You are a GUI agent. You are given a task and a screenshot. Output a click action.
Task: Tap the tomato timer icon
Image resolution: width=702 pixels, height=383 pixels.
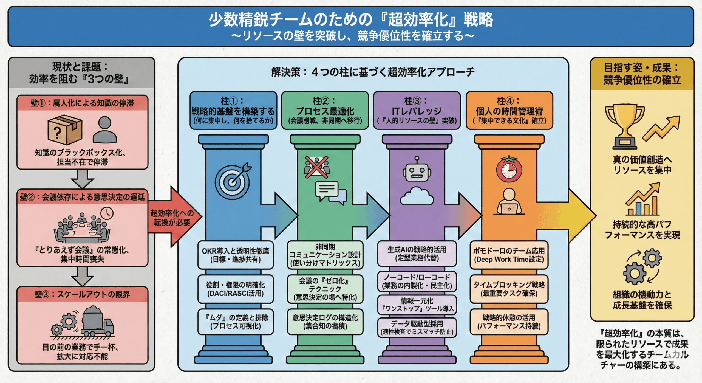pyautogui.click(x=509, y=170)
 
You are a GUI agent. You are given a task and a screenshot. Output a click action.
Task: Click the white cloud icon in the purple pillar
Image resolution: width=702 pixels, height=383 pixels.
pyautogui.click(x=417, y=197)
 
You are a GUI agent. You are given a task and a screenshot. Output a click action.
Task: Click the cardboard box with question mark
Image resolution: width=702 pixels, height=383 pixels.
pyautogui.click(x=65, y=130)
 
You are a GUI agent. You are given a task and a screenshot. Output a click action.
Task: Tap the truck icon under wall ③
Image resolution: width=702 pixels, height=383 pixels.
pyautogui.click(x=97, y=322)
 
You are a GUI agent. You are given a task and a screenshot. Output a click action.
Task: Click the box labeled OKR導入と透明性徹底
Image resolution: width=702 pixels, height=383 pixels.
pyautogui.click(x=236, y=255)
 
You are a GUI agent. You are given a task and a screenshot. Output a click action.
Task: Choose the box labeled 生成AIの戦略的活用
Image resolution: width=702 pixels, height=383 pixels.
pyautogui.click(x=417, y=254)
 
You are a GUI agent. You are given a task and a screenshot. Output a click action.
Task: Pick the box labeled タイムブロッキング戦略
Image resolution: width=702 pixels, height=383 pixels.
pyautogui.click(x=509, y=289)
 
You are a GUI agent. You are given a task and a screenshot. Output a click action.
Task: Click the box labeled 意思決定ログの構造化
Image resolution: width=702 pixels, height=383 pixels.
pyautogui.click(x=325, y=322)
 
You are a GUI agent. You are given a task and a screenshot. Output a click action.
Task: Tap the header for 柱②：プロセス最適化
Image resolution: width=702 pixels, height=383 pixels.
pyautogui.click(x=325, y=110)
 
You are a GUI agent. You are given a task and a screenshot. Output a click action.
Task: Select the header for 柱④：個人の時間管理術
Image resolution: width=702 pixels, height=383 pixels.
pyautogui.click(x=509, y=110)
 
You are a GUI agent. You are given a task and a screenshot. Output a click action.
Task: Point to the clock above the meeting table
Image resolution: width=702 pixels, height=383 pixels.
pyautogui.click(x=107, y=213)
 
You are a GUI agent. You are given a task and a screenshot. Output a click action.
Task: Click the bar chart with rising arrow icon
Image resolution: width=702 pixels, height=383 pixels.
pyautogui.click(x=642, y=200)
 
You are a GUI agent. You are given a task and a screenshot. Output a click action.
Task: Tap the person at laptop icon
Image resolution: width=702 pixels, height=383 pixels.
pyautogui.click(x=509, y=202)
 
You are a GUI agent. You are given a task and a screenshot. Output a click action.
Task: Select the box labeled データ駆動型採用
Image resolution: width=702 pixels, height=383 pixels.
pyautogui.click(x=417, y=327)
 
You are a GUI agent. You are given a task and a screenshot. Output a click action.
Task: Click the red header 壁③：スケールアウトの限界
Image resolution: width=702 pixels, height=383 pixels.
pyautogui.click(x=82, y=294)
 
